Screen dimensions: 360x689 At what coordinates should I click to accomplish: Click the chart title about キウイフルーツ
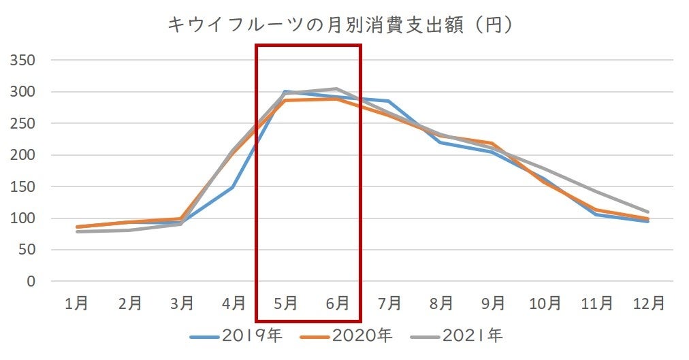[x=340, y=24]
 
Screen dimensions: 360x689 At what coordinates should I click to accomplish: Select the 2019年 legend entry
[x=236, y=335]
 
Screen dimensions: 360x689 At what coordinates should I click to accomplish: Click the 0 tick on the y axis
[x=31, y=281]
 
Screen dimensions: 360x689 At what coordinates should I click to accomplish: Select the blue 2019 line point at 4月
[x=233, y=186]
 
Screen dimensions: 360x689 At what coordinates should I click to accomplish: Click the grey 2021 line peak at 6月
[x=337, y=88]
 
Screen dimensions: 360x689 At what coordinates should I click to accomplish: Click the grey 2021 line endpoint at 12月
[x=647, y=212]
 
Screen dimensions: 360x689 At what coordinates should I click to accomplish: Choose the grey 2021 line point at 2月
[x=129, y=230]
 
